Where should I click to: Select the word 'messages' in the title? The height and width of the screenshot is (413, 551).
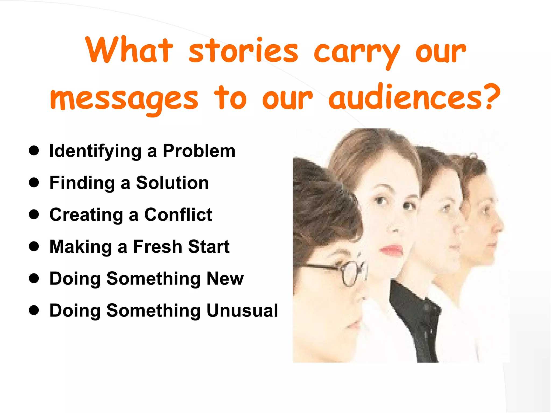(x=124, y=99)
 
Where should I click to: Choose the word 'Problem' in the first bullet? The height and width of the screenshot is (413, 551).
(x=199, y=151)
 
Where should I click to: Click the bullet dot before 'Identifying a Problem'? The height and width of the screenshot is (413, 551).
(x=34, y=151)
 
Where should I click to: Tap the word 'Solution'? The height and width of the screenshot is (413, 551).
(x=172, y=183)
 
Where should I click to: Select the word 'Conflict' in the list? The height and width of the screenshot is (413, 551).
(x=178, y=215)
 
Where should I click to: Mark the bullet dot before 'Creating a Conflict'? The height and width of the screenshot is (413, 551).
(x=34, y=215)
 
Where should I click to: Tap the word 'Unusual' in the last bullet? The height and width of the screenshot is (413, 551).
(x=242, y=311)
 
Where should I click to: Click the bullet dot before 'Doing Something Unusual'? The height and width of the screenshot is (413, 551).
(x=34, y=310)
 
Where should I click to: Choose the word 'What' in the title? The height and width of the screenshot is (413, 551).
(x=129, y=51)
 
